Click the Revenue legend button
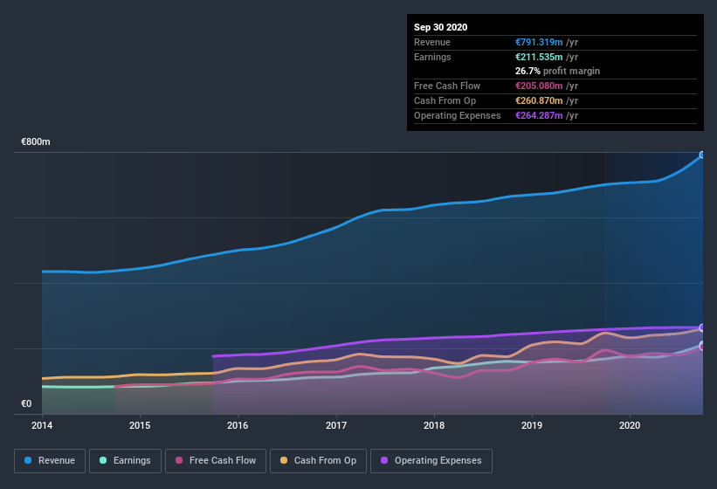coord(50,460)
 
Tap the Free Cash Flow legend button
coord(216,460)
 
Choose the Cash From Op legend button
coord(317,460)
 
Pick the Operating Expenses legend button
coord(431,460)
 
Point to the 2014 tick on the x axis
coord(42,426)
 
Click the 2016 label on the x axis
coord(238,426)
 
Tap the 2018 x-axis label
coord(434,426)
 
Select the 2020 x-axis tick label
coord(630,426)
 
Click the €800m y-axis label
coord(36,141)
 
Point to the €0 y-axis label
coord(26,403)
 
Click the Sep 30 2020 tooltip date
coord(441,27)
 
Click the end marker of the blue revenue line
coord(701,155)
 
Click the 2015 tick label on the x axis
coord(140,426)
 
